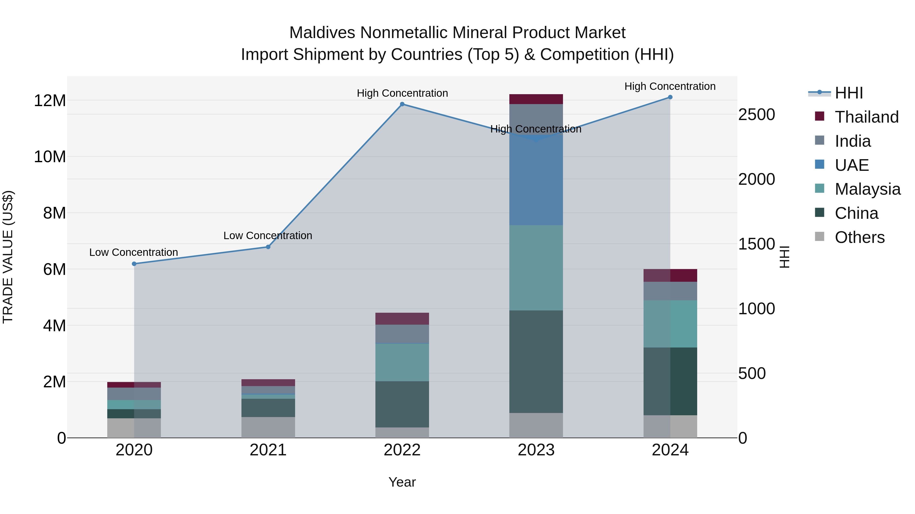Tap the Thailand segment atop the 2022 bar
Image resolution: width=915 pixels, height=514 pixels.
pyautogui.click(x=402, y=319)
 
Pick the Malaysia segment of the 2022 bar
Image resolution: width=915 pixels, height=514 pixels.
pyautogui.click(x=402, y=362)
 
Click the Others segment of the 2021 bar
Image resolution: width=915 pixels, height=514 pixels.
pyautogui.click(x=268, y=427)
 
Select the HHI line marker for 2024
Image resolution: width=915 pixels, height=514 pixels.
pyautogui.click(x=670, y=97)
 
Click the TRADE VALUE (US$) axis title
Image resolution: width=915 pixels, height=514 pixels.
pyautogui.click(x=8, y=257)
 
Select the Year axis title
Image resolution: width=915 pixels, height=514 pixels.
pyautogui.click(x=402, y=482)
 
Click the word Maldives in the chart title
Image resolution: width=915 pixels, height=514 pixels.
pyautogui.click(x=322, y=33)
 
